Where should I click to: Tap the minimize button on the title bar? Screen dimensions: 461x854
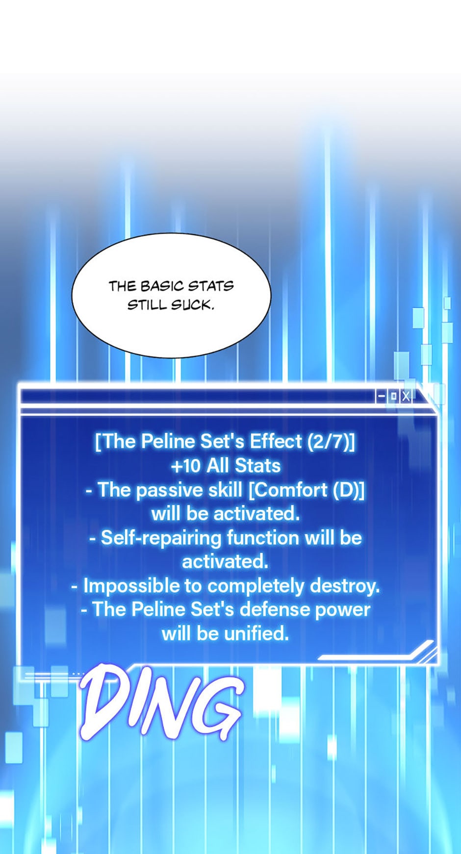pos(381,397)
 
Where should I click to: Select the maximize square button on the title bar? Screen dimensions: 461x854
pos(393,397)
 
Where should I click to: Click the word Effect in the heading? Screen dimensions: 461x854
pos(276,442)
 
